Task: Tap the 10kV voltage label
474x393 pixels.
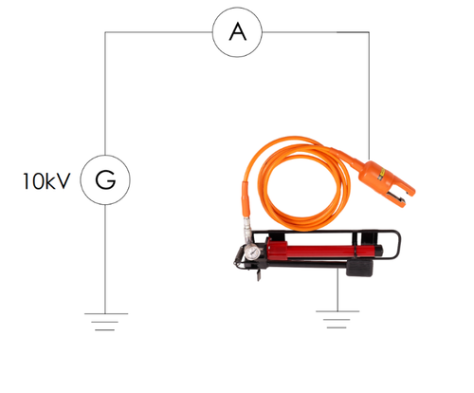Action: [46, 181]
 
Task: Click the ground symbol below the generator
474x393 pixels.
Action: [105, 322]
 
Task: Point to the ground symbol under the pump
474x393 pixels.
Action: [337, 319]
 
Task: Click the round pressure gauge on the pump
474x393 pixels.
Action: [252, 253]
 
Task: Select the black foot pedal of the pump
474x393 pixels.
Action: [359, 268]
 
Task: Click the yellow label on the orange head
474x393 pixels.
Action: [381, 174]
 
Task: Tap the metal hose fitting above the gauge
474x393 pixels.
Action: [247, 230]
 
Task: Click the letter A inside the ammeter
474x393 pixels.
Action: [237, 32]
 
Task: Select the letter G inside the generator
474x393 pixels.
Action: [105, 179]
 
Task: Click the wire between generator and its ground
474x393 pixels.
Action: [105, 259]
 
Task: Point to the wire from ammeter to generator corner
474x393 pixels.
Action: [158, 32]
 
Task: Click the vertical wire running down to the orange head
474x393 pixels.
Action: [369, 96]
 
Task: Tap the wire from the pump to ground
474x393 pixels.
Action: [337, 290]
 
